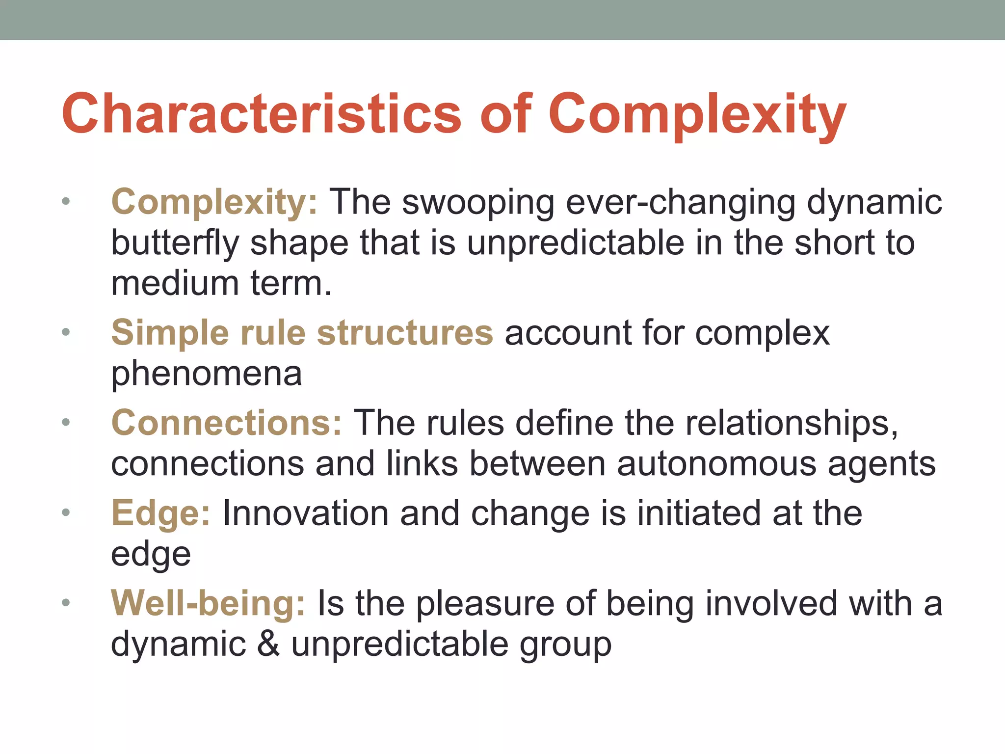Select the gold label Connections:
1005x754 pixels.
coord(226,423)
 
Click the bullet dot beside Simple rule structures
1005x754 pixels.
coord(66,333)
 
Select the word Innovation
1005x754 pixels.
coord(305,513)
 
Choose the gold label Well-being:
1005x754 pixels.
coord(208,603)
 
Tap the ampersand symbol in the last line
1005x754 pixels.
coord(268,644)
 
